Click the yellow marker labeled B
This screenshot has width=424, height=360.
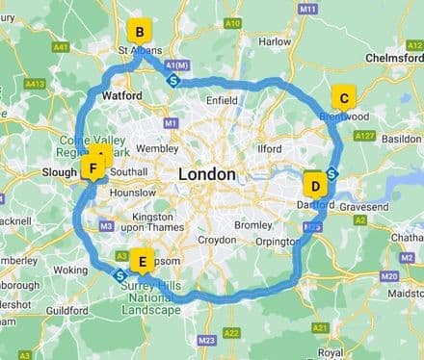point(140,32)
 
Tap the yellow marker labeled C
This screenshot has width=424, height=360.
point(342,98)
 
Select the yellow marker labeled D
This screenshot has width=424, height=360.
point(313,185)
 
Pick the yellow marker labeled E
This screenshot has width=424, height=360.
point(144,260)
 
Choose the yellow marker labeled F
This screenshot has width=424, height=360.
point(93,169)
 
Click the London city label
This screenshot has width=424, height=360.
point(206,175)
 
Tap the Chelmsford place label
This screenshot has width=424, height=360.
point(394,59)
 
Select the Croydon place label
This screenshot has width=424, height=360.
point(216,238)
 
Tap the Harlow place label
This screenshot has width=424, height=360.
point(275,42)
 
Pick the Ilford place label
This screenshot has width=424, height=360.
point(271,149)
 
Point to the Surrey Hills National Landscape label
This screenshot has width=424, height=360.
point(149,297)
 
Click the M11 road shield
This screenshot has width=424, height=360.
point(308,9)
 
